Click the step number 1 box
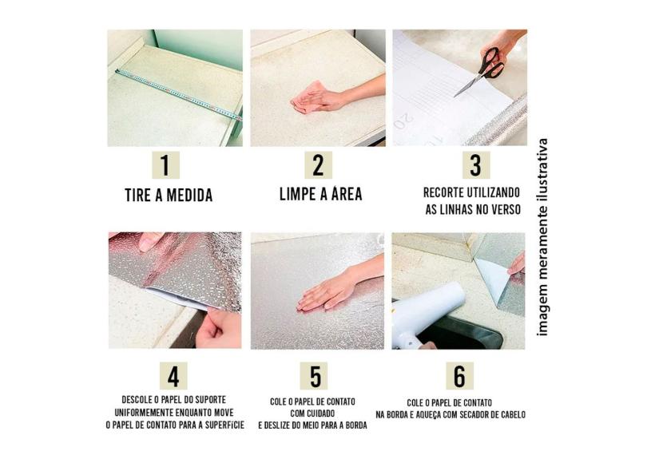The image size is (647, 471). (x=165, y=165)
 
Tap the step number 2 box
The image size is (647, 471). (x=318, y=165)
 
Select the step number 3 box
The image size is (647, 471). (x=476, y=165)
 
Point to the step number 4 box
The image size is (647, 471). (x=173, y=376)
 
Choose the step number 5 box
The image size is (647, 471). (x=316, y=376)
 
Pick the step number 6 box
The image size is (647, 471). (x=459, y=376)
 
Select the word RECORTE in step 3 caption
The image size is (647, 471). (x=444, y=192)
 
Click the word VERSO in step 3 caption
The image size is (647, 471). (x=506, y=209)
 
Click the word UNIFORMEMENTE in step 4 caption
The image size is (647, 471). (x=144, y=413)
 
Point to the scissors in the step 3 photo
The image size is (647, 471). (x=482, y=71)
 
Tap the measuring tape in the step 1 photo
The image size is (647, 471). (x=178, y=94)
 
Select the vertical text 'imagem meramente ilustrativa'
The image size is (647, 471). (x=542, y=237)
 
